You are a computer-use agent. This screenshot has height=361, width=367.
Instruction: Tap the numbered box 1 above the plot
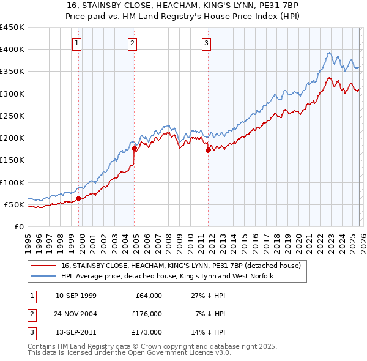tap(77, 43)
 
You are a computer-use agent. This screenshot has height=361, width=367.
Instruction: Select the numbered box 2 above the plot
tap(132, 43)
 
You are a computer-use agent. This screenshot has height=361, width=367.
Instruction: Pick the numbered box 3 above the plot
tap(207, 43)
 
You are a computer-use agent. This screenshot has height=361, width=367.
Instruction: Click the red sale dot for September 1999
tap(79, 198)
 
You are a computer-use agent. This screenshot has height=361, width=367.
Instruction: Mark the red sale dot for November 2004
tap(135, 148)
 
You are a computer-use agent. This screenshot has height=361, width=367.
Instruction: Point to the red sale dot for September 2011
tap(208, 150)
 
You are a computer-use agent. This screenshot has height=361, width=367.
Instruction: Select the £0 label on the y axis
tap(19, 226)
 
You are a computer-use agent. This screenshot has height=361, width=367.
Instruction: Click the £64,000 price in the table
tap(149, 296)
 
